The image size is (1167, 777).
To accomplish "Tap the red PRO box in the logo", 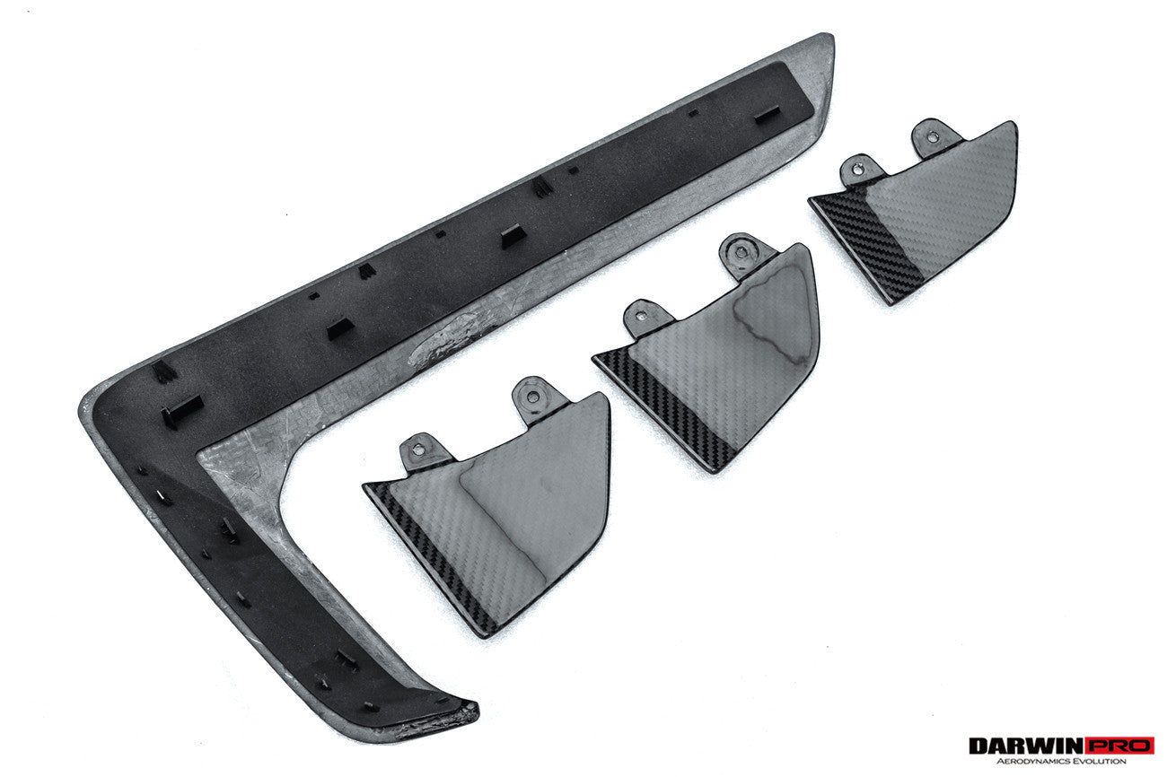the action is (1119, 746).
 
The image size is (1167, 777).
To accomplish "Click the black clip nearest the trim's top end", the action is (768, 117).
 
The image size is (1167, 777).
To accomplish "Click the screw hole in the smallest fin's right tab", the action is (933, 137).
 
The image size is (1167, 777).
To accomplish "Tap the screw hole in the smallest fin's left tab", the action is (857, 168).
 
